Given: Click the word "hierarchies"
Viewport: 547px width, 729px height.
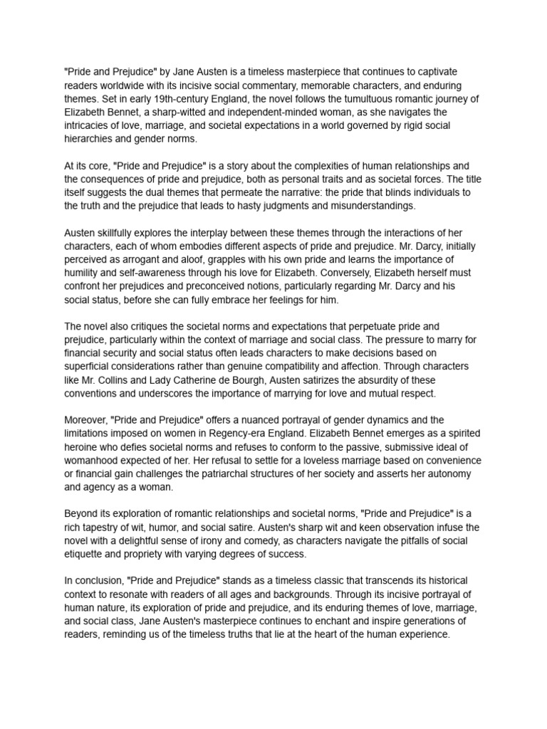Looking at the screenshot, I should click(x=90, y=140).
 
